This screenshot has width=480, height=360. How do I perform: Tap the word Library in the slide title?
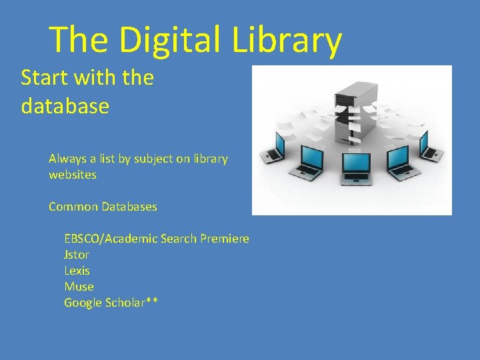point(287,40)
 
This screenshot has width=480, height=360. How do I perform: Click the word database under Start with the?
point(65,106)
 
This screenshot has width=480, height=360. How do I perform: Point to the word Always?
point(67,159)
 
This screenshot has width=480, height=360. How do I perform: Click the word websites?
point(72,175)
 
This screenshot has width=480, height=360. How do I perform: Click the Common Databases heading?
point(103,207)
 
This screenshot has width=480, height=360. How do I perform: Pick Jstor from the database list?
point(76,255)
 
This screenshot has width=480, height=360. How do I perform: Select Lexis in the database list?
point(77,271)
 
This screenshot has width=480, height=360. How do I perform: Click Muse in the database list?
point(79,287)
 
